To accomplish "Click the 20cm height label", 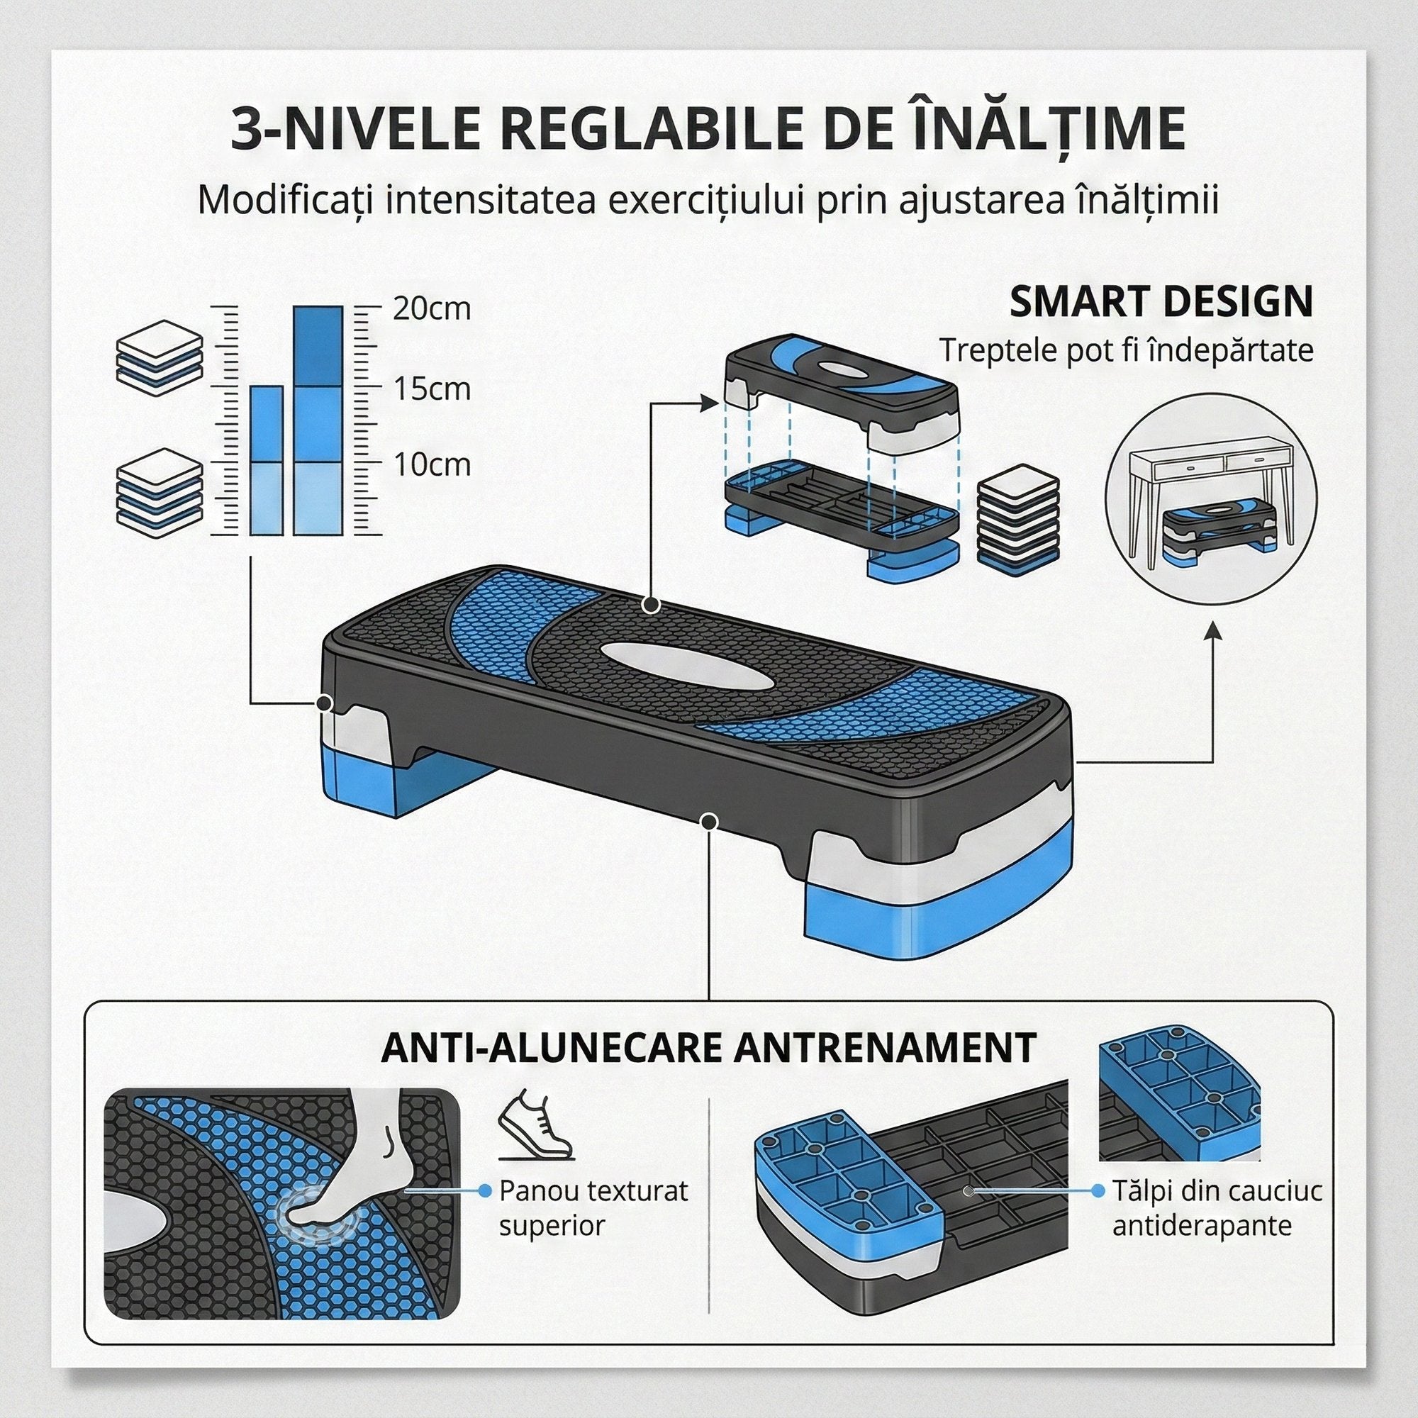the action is pos(432,309).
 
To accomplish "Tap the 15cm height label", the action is pos(432,389).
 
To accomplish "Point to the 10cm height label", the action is pos(432,464).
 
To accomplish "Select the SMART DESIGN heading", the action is pos(1161,301).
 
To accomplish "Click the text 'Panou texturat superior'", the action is pos(593,1207).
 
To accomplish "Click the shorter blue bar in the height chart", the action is pos(267,460).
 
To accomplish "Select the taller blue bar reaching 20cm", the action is pos(317,420).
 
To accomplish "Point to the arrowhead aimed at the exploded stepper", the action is pos(708,402).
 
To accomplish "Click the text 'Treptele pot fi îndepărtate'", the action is pos(1127,351).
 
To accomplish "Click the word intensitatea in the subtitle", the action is pos(489,200).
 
